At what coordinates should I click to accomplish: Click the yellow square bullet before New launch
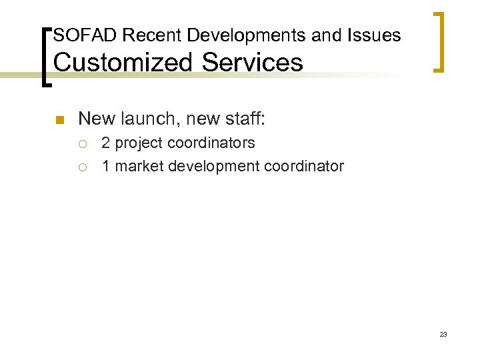coord(58,121)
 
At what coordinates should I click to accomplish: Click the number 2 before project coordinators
coord(106,143)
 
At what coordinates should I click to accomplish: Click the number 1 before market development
coord(106,166)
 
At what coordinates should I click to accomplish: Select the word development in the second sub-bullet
coord(213,166)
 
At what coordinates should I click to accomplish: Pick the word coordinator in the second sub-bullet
coord(304,166)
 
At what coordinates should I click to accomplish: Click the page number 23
coord(443,334)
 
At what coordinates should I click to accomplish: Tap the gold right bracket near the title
coord(439,41)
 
